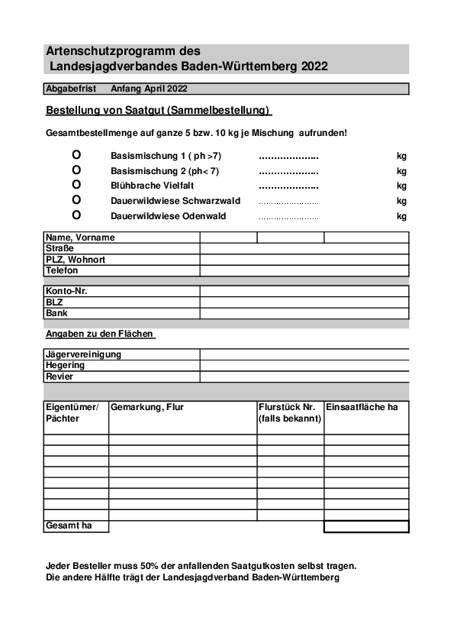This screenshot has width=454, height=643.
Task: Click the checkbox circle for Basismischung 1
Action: point(76,155)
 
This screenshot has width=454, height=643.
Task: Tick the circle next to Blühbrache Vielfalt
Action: point(76,185)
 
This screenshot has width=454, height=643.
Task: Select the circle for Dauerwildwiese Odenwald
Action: point(76,215)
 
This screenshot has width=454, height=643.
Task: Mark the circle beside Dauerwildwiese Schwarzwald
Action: point(76,200)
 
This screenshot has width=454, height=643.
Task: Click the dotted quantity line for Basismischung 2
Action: point(288,171)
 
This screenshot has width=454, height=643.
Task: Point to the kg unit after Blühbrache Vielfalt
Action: point(401,186)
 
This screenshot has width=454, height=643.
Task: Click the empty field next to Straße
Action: point(304,248)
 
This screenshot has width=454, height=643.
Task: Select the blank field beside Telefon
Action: point(304,270)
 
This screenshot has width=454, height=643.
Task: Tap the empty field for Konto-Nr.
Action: point(304,291)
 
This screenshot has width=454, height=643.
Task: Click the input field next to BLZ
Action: point(304,302)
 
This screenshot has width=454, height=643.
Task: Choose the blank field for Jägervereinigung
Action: point(304,354)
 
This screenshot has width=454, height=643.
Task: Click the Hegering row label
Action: point(66,365)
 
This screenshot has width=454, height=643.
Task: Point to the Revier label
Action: point(60,376)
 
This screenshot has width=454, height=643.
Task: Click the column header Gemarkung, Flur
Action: point(147,407)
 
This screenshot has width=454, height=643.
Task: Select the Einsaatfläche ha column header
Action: point(362,407)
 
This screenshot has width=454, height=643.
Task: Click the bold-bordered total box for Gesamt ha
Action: point(366,526)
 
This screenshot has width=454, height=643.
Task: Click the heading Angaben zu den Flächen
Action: point(99,334)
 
